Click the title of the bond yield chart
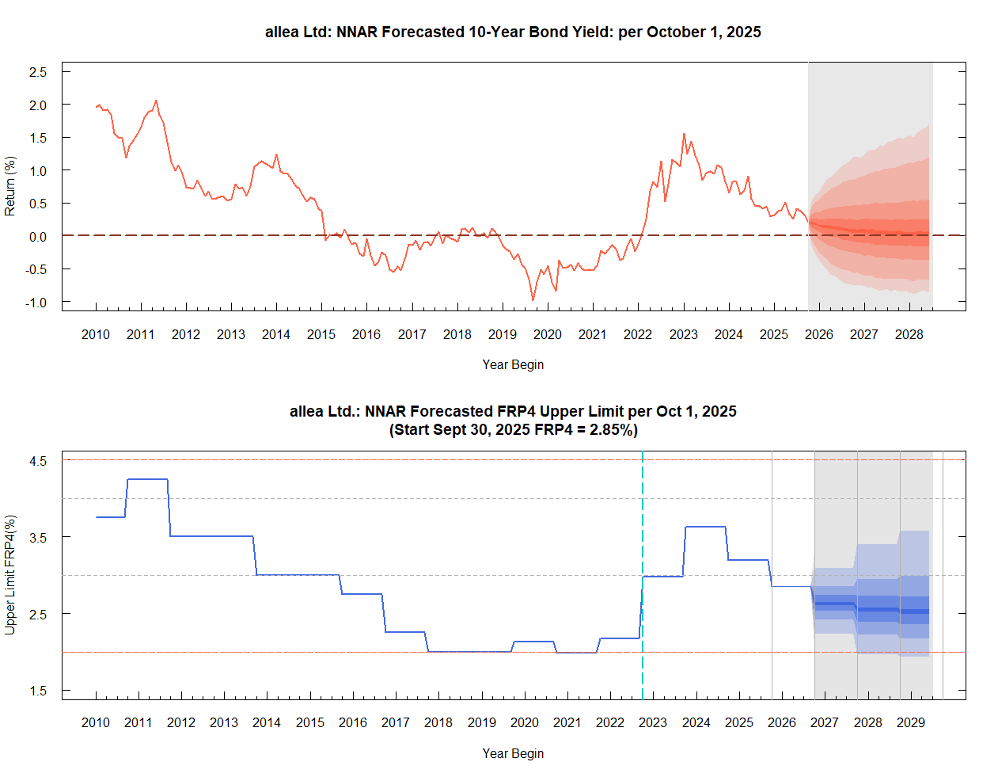click(513, 32)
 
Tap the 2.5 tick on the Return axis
click(38, 72)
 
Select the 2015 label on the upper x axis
click(321, 334)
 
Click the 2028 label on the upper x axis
click(909, 334)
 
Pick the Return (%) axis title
click(10, 186)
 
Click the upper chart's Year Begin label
click(513, 364)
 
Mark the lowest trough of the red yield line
click(533, 300)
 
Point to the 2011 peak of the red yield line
click(156, 101)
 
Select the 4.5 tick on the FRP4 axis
click(38, 460)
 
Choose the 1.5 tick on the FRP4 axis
click(38, 691)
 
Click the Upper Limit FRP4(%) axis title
click(10, 574)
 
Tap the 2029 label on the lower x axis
click(910, 722)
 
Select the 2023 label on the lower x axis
click(653, 722)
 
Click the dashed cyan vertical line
click(643, 554)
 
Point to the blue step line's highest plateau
click(147, 479)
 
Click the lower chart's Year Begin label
click(513, 753)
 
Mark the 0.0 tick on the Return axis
click(38, 236)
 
